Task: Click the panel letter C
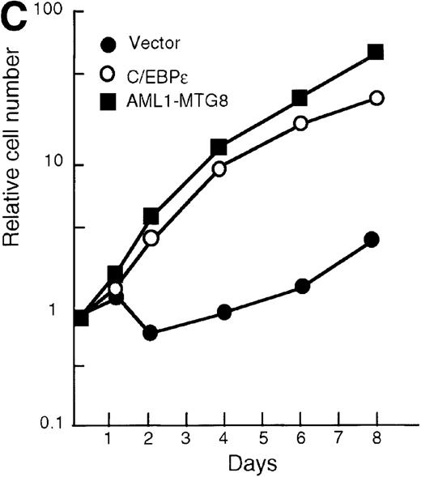click(x=16, y=19)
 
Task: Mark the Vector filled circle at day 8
click(x=372, y=240)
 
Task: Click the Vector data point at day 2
click(x=150, y=333)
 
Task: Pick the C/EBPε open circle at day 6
click(x=300, y=123)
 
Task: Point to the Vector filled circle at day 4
click(x=224, y=313)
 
